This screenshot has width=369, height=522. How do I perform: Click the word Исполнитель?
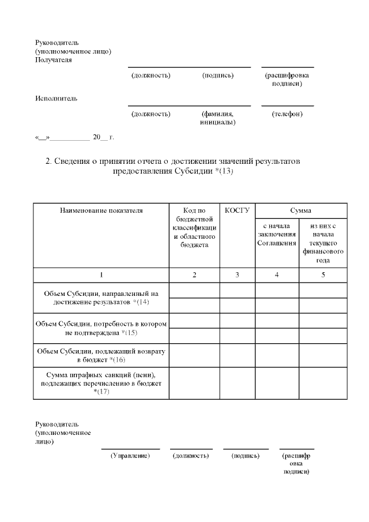coord(57,98)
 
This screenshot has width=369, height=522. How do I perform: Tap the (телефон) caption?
coord(287,114)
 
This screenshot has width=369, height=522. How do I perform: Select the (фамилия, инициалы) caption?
coord(217,118)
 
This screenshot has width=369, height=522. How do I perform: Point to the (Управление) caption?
coord(130,456)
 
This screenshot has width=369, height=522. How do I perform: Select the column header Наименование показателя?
coord(101,211)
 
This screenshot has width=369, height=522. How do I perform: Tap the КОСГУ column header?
coord(237,211)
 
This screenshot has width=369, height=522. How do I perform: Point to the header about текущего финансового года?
coord(323,243)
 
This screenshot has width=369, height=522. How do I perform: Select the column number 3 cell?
coord(237,275)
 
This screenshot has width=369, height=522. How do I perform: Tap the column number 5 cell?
coord(323,275)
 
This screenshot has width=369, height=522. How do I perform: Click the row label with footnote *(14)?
coord(101,298)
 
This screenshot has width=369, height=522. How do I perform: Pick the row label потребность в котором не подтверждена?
coord(101,328)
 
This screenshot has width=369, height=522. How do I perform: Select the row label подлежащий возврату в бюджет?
coord(101,355)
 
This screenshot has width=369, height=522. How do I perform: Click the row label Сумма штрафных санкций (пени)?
coord(101,383)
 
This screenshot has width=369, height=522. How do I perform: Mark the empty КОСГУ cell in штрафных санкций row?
coord(237,383)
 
